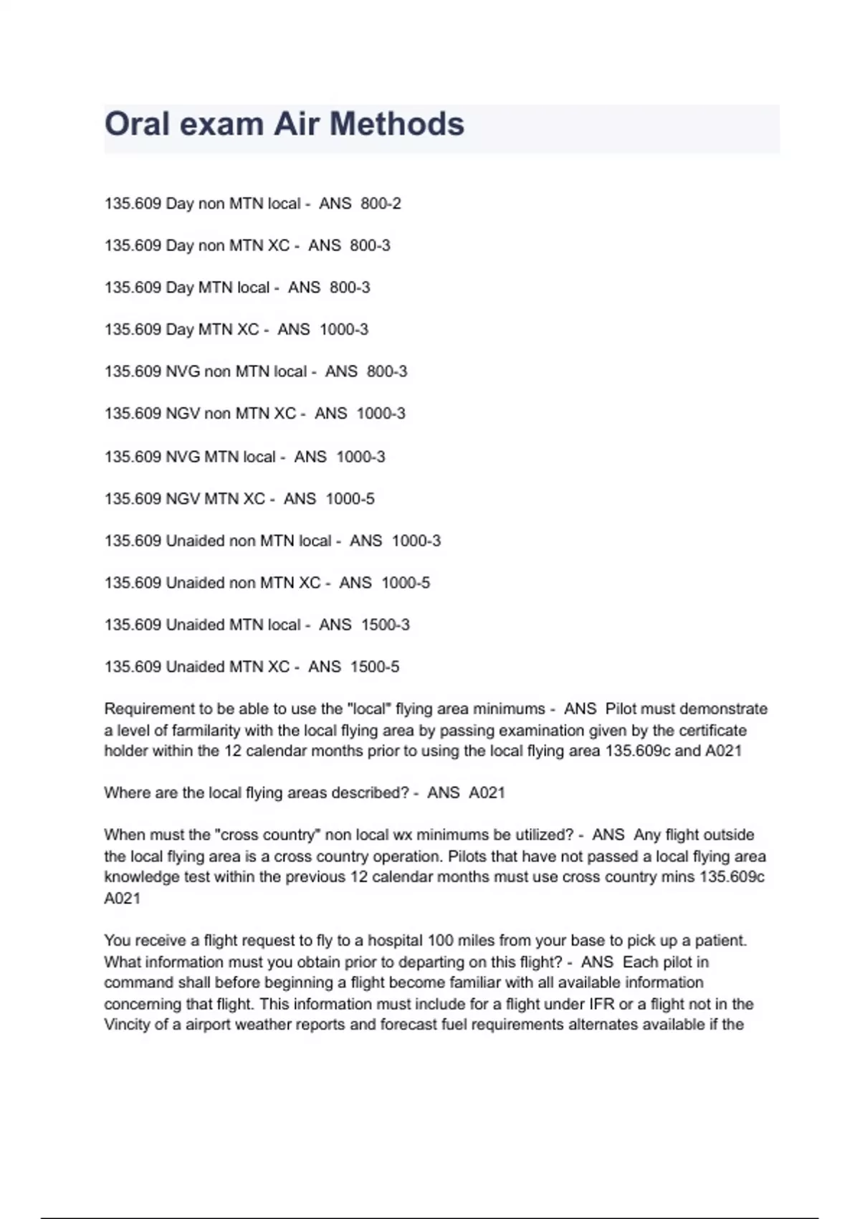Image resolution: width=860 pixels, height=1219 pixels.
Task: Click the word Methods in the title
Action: (x=396, y=124)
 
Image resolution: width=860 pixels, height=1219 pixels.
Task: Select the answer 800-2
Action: (x=381, y=204)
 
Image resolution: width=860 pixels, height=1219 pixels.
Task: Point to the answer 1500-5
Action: (x=375, y=667)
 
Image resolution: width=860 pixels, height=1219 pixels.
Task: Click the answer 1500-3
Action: (x=386, y=625)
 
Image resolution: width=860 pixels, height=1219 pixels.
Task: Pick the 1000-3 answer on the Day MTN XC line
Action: (x=344, y=330)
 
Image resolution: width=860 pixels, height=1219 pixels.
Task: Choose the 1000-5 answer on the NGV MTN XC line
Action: (x=350, y=499)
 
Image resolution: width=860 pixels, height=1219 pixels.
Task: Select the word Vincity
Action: (x=127, y=1025)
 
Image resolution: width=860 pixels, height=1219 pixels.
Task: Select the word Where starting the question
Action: (x=127, y=793)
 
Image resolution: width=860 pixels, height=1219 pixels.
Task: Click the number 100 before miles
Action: (x=440, y=941)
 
